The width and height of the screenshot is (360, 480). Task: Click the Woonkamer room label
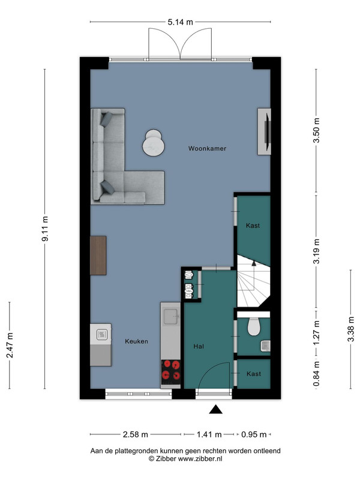point(207,148)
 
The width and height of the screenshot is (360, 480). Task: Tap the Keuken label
point(137,341)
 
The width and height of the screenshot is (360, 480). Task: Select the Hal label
point(199,346)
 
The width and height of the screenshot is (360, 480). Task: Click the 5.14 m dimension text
point(181,22)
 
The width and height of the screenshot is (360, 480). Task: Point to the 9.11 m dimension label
point(45,229)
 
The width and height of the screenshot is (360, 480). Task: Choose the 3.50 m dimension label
point(317,130)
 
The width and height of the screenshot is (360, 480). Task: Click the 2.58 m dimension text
point(136,434)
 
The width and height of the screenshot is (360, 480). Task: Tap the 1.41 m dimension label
point(209,434)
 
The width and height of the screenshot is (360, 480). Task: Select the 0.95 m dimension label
point(254,434)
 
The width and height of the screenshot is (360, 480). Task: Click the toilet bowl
point(253,326)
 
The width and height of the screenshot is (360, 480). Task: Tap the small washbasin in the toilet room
point(265,346)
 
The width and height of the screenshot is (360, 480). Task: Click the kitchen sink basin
point(170,317)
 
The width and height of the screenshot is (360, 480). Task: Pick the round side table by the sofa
point(154,143)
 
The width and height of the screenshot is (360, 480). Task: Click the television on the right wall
point(267,131)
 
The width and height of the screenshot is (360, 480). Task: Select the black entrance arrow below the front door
point(215,409)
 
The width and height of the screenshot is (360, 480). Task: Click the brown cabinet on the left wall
point(98,256)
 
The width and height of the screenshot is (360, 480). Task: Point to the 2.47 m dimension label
point(10,345)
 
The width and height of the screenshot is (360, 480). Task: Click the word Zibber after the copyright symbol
point(166,458)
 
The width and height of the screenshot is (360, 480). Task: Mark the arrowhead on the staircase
point(253,262)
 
